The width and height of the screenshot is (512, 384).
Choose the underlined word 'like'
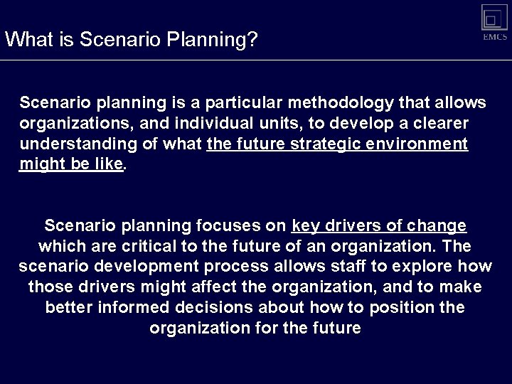coord(109,165)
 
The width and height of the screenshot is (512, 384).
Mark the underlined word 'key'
coord(306,226)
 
